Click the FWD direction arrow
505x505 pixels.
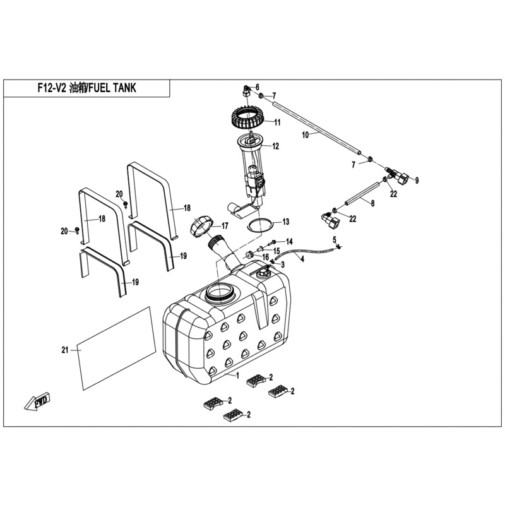click(x=38, y=401)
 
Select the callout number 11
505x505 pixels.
click(x=276, y=122)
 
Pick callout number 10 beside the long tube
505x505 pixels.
click(x=305, y=135)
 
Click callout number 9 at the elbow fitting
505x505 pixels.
click(x=416, y=181)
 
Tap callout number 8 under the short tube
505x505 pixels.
click(x=372, y=203)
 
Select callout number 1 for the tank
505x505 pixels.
click(x=237, y=376)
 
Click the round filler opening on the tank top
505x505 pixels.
click(x=220, y=294)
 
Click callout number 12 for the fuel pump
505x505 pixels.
click(x=276, y=146)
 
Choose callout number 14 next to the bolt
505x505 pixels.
click(x=289, y=242)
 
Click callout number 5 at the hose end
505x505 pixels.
click(x=335, y=238)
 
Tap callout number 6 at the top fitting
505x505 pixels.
click(x=257, y=86)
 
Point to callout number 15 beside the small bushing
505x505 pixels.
click(x=276, y=251)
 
